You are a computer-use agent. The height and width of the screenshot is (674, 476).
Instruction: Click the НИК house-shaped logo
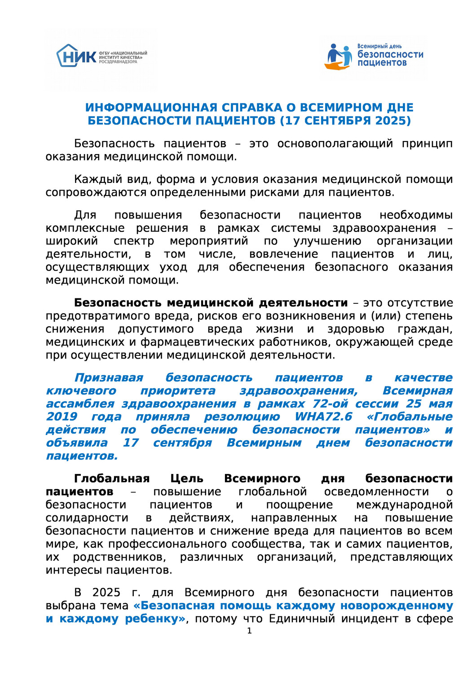[76, 57]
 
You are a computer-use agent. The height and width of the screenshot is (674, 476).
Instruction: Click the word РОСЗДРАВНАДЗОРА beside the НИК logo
[118, 62]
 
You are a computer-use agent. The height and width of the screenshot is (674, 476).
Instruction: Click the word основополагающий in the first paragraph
[335, 143]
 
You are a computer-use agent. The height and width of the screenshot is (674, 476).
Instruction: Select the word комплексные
[85, 228]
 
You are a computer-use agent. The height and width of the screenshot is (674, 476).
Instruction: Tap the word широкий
[72, 241]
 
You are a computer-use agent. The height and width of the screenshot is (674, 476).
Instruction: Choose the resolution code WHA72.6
[323, 417]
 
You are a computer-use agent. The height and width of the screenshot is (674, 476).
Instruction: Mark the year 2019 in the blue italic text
[62, 417]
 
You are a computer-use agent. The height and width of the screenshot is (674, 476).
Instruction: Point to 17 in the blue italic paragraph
[131, 443]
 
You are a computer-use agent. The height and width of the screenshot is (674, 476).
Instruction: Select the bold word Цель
[187, 479]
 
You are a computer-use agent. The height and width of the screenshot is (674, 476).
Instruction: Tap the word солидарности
[87, 518]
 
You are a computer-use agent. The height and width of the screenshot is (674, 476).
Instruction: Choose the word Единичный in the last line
[302, 619]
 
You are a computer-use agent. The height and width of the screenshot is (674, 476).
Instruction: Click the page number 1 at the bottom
[249, 631]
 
